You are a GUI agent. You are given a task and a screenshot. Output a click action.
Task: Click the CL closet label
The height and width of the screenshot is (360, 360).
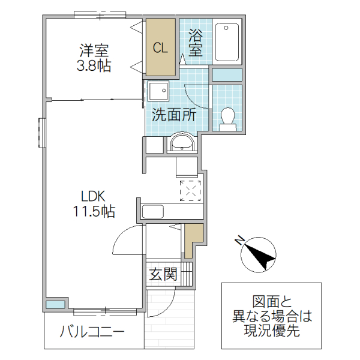coord(160,49)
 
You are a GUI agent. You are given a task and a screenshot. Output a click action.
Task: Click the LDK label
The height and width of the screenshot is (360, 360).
coord(94,196)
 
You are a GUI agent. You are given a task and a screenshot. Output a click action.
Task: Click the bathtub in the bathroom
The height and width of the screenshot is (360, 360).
coord(227,41)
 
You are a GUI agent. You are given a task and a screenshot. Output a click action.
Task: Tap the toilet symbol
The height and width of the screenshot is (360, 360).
coord(227,117)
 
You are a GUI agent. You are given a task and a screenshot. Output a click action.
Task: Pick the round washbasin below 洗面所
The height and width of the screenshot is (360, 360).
coord(181,143)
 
